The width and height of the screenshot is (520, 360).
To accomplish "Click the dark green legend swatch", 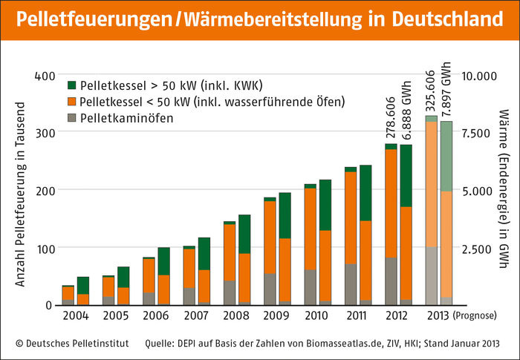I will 72,85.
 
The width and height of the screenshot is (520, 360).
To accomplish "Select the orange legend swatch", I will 72,101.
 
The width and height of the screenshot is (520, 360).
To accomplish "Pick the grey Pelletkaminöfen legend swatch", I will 72,117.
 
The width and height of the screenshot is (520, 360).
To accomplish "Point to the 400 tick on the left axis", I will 45,76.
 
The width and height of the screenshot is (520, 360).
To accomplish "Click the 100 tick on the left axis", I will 45,248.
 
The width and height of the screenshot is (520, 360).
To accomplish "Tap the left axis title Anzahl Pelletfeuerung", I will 20,191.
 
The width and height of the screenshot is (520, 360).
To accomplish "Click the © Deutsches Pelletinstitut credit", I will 71,344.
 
